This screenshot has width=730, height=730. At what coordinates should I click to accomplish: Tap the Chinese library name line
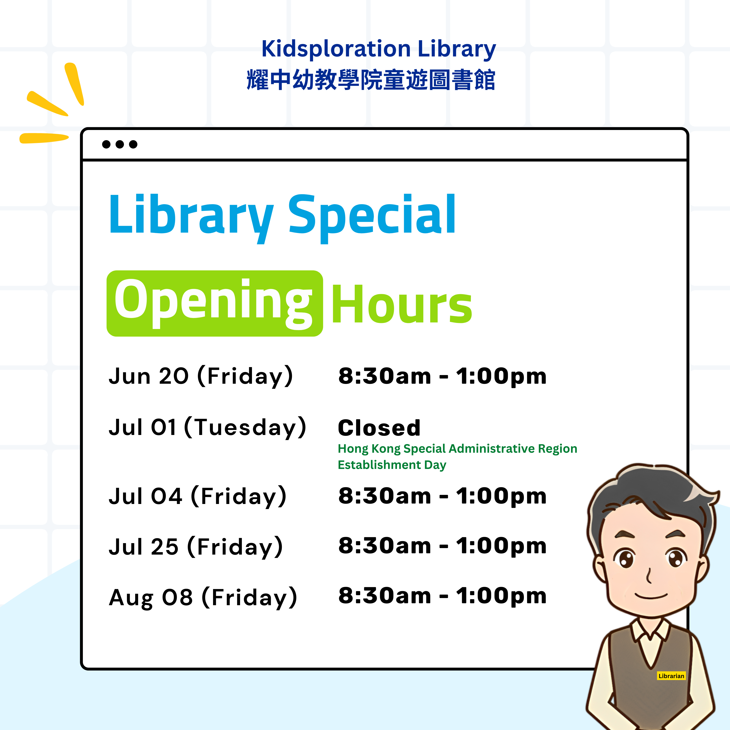(x=371, y=80)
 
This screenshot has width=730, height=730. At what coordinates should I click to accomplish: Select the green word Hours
(x=402, y=304)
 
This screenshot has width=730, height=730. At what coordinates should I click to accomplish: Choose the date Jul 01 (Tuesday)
(x=207, y=428)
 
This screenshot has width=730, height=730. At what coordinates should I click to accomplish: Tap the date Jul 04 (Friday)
(x=198, y=496)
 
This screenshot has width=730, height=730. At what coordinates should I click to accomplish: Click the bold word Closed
(x=379, y=428)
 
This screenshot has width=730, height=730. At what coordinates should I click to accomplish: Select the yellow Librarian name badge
(x=671, y=676)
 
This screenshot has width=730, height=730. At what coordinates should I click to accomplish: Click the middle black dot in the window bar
(x=120, y=144)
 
